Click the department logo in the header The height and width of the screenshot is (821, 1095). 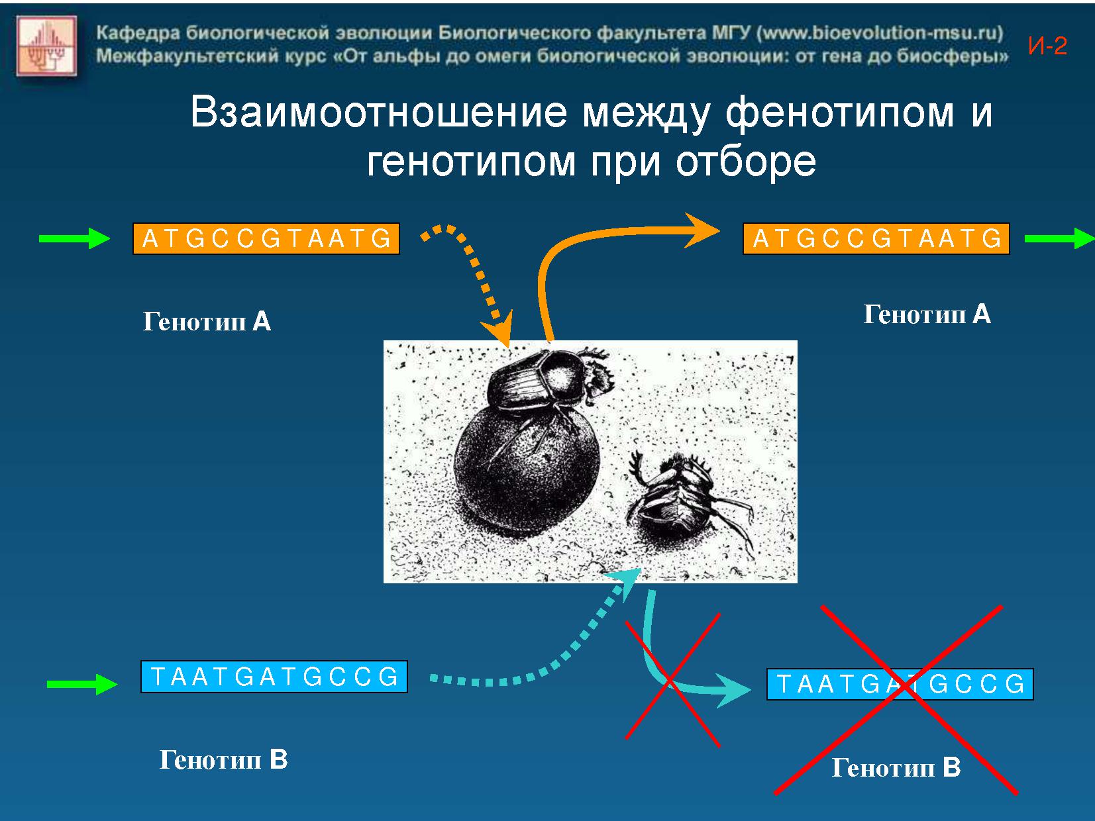[x=46, y=46]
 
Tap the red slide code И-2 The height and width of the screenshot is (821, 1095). [x=1047, y=46]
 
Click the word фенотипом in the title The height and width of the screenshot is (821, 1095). [x=839, y=113]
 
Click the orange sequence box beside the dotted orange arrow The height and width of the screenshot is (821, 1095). [x=266, y=239]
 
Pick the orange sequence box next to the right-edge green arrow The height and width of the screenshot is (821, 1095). [x=876, y=239]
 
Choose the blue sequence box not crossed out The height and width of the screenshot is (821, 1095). [x=274, y=677]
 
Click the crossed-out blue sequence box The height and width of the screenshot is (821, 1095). [x=900, y=684]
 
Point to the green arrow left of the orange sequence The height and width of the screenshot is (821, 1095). [x=74, y=238]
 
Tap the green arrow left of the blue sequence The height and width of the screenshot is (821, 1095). [x=82, y=684]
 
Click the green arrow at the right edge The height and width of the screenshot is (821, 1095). [x=1060, y=238]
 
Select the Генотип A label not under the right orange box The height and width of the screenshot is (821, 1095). [x=207, y=321]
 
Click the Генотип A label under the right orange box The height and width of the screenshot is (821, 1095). [x=927, y=314]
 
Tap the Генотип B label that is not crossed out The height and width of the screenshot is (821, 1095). [x=223, y=759]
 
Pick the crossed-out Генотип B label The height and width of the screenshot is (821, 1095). [x=896, y=767]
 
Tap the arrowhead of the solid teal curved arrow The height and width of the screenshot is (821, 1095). [x=733, y=691]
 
